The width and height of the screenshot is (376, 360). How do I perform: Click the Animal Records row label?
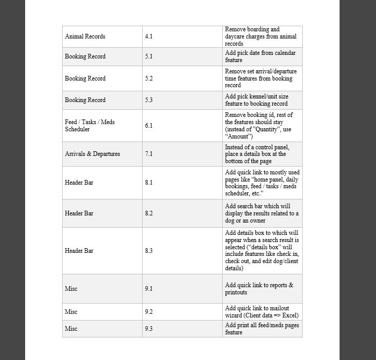[85, 36]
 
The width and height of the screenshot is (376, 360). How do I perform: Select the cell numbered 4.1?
[149, 36]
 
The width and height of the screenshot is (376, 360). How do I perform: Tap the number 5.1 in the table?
[149, 56]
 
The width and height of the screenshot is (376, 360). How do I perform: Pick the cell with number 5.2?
[149, 78]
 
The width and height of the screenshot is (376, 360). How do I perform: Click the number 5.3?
[149, 100]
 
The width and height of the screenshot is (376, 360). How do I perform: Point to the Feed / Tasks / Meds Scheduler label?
[90, 126]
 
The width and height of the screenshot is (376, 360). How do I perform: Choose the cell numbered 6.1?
[149, 126]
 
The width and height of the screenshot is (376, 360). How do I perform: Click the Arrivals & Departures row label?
[92, 154]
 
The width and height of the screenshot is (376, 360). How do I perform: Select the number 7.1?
[149, 154]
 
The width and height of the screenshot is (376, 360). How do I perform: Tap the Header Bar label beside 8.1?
[79, 183]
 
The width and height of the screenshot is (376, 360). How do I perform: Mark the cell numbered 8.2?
[149, 213]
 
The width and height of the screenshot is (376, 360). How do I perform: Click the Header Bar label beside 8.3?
[79, 251]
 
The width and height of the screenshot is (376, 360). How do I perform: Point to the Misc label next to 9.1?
[71, 289]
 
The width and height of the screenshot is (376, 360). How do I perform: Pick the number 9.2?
[149, 312]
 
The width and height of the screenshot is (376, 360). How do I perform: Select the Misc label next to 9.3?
[71, 329]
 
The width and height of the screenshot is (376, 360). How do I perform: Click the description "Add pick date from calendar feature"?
[260, 56]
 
